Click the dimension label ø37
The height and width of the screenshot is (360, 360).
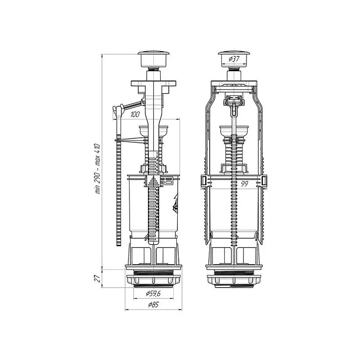(234, 59)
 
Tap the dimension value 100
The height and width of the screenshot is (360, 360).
(135, 114)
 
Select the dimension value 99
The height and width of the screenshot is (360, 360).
(244, 184)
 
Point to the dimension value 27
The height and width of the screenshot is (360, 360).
(98, 278)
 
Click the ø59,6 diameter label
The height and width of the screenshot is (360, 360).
(153, 293)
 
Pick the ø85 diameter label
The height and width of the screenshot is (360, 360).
(153, 305)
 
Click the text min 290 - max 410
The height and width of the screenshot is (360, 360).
(98, 169)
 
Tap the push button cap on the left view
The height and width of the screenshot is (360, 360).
(153, 59)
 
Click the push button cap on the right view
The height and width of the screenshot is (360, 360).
(234, 59)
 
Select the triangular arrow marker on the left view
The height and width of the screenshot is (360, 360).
(153, 181)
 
